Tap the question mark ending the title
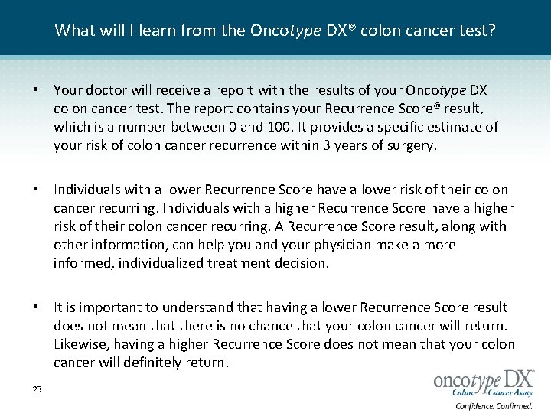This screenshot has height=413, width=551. pos(491,31)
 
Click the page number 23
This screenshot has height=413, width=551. pos(37,390)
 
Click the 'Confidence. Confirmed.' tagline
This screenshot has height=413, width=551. pos(494,405)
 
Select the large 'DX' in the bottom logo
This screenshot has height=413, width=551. pos(517,380)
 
